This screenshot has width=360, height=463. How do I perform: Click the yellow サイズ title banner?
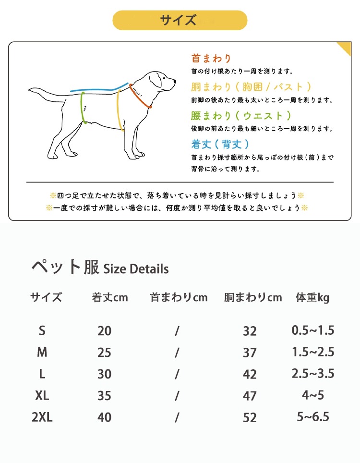[180, 20]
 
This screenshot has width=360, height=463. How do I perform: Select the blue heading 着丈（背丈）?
[220, 144]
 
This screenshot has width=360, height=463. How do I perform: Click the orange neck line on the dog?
[140, 97]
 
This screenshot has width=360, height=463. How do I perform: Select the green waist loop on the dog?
[83, 107]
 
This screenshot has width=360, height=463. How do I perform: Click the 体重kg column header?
[312, 297]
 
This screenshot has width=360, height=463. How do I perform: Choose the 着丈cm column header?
[110, 297]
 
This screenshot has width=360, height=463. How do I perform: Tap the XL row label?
[42, 396]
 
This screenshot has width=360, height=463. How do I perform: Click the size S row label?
[42, 330]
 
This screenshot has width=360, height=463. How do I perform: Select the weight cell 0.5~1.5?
[313, 330]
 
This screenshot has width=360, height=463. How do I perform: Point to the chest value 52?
[250, 418]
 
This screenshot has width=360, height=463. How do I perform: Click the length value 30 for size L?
[104, 374]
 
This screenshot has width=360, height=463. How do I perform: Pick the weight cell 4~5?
[313, 395]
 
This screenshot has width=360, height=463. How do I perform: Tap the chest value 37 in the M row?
[250, 353]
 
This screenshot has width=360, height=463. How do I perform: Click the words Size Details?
[136, 268]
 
